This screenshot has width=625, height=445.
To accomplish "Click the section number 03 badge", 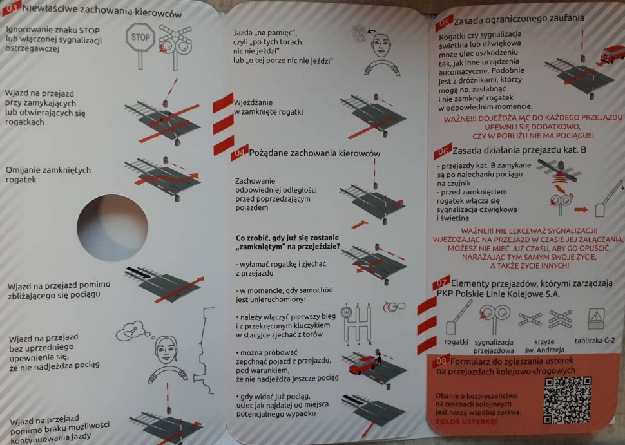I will click(11, 9).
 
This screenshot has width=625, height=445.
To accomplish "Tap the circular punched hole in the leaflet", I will click(106, 225).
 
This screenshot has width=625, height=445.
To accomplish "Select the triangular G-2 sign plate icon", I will click(597, 317).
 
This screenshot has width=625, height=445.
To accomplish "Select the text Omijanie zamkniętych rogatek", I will click(48, 175).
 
